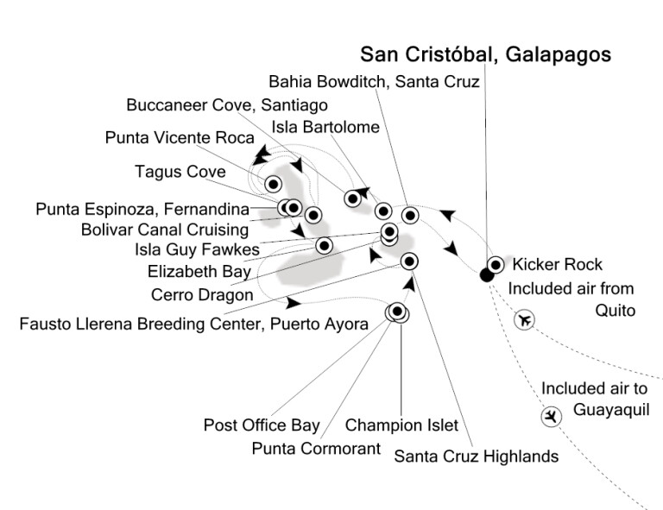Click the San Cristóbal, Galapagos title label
[485, 54]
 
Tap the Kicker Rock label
[558, 265]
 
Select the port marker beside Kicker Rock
[496, 265]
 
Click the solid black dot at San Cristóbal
[487, 275]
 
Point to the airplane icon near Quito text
[524, 319]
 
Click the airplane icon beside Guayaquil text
[552, 417]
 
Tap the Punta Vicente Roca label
[180, 138]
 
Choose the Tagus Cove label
[180, 172]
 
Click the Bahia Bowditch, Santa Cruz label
[374, 82]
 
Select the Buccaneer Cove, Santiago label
[227, 105]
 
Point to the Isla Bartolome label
[325, 127]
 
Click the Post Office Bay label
[262, 425]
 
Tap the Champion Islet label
[401, 425]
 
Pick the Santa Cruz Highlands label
[477, 456]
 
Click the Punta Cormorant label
[316, 449]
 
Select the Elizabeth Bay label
[199, 271]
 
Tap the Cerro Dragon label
[202, 295]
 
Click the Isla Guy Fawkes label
[197, 249]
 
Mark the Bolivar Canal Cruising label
[165, 230]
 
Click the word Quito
[616, 311]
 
